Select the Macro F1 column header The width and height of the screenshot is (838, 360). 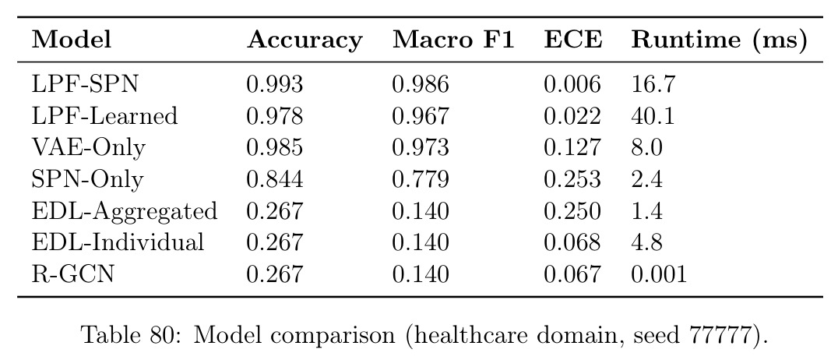tap(453, 40)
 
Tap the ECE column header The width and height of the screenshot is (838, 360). tap(573, 40)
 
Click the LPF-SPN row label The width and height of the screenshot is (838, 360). tap(85, 84)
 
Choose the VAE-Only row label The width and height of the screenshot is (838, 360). tap(88, 148)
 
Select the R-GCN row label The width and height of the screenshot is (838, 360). tap(72, 274)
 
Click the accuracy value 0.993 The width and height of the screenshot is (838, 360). tap(275, 84)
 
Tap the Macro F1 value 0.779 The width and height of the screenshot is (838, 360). tap(421, 179)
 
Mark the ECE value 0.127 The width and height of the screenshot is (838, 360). tap(572, 147)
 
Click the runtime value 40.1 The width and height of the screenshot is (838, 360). tap(653, 116)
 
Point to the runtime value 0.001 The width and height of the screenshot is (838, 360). tap(658, 274)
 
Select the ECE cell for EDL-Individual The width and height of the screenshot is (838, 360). tap(572, 243)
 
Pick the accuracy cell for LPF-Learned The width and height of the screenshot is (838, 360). tap(275, 116)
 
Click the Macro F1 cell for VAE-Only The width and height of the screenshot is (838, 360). tap(421, 147)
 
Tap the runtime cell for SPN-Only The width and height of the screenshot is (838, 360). tap(647, 179)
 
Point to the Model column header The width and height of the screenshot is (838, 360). tap(71, 40)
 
